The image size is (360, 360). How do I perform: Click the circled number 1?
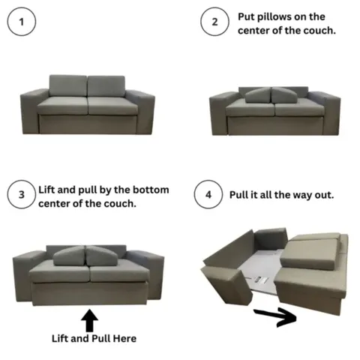point(22,22)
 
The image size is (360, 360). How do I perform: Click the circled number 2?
point(214,22)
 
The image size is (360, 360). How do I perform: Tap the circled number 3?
point(22,195)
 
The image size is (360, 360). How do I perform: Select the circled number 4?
point(208,195)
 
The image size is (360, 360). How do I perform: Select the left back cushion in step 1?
point(69,85)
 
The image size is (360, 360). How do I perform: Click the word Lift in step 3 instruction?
point(49,190)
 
